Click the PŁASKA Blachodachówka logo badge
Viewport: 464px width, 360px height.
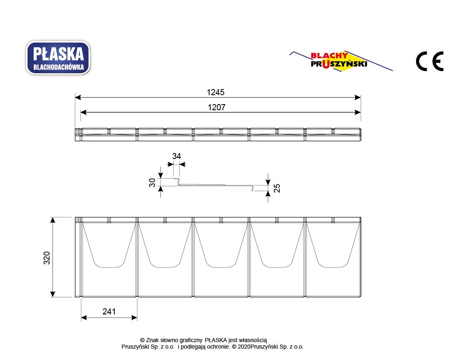click(58, 58)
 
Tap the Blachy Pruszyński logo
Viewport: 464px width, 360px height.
click(341, 61)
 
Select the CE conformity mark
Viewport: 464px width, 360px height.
click(430, 61)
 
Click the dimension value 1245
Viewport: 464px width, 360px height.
click(216, 92)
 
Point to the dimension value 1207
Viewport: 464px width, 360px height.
click(217, 107)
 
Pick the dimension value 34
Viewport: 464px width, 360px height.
click(176, 156)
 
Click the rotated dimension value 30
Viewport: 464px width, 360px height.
click(152, 183)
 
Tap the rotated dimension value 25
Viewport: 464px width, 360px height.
click(277, 188)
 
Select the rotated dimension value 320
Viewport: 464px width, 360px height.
click(47, 258)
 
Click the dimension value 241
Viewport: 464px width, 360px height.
click(109, 312)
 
